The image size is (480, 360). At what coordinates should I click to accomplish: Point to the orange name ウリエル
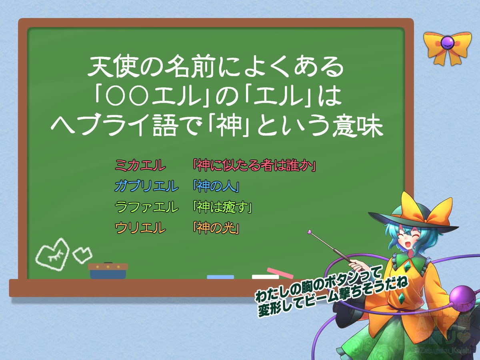140,228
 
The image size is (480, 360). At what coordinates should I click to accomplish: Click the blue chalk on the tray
220,277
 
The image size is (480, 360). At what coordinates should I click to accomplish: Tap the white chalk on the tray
265,277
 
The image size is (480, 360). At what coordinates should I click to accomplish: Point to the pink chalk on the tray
280,273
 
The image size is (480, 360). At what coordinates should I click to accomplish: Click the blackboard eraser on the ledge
108,271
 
